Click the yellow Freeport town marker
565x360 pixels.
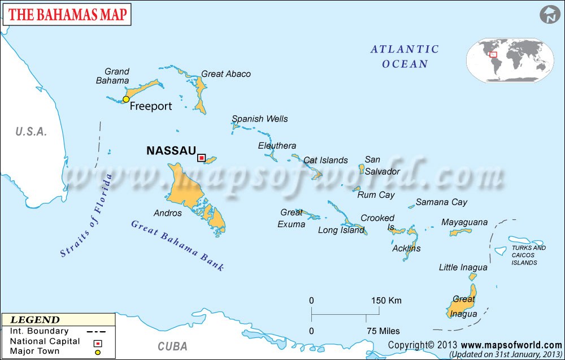pyautogui.click(x=126, y=99)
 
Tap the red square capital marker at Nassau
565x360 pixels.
pyautogui.click(x=201, y=158)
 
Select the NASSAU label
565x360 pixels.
pyautogui.click(x=171, y=151)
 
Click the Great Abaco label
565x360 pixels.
pyautogui.click(x=226, y=74)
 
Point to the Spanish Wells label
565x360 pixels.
pyautogui.click(x=260, y=119)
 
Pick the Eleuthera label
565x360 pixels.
pyautogui.click(x=277, y=146)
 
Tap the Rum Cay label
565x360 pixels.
pyautogui.click(x=376, y=195)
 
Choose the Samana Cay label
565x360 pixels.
pyautogui.click(x=442, y=202)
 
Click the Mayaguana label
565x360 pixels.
pyautogui.click(x=464, y=222)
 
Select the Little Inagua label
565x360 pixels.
pyautogui.click(x=463, y=267)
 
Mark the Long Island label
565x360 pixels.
pyautogui.click(x=341, y=230)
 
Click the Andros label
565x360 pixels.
pyautogui.click(x=168, y=213)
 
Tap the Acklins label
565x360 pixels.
pyautogui.click(x=406, y=248)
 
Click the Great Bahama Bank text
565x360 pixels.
pyautogui.click(x=177, y=245)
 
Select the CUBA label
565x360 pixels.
pyautogui.click(x=172, y=346)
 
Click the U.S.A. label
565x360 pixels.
pyautogui.click(x=31, y=132)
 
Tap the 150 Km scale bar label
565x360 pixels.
pyautogui.click(x=386, y=300)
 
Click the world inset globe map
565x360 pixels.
pyautogui.click(x=510, y=60)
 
